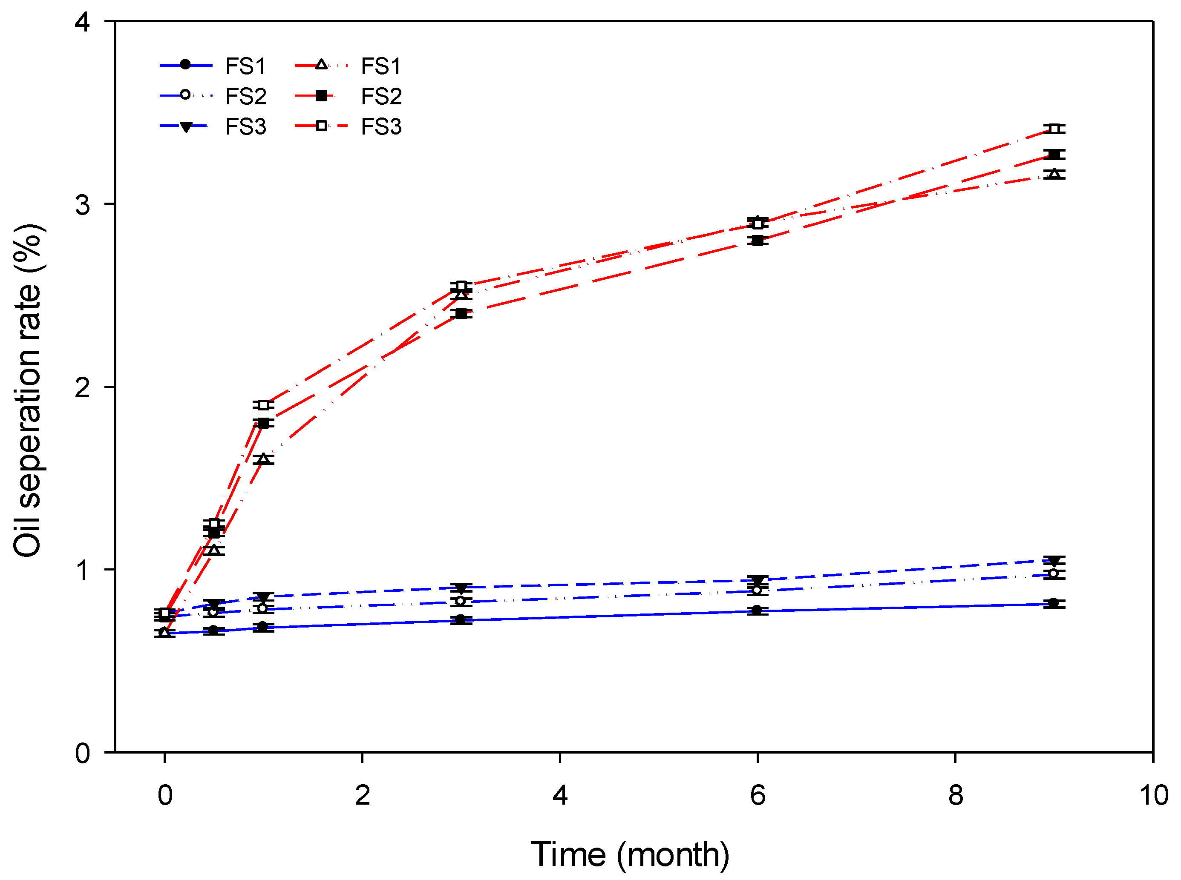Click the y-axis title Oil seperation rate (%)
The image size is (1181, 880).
click(28, 390)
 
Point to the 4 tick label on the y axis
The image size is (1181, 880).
click(82, 23)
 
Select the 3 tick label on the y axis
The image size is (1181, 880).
click(82, 204)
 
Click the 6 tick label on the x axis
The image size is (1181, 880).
click(758, 795)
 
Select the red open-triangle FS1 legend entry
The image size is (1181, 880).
click(348, 66)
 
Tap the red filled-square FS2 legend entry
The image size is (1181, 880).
click(348, 96)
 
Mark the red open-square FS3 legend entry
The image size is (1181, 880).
click(348, 127)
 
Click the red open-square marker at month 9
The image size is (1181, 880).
click(1054, 129)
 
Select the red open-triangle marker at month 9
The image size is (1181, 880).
click(1054, 174)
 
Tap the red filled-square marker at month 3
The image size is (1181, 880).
click(461, 314)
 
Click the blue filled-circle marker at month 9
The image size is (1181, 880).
click(1054, 603)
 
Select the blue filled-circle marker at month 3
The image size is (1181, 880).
click(461, 619)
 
